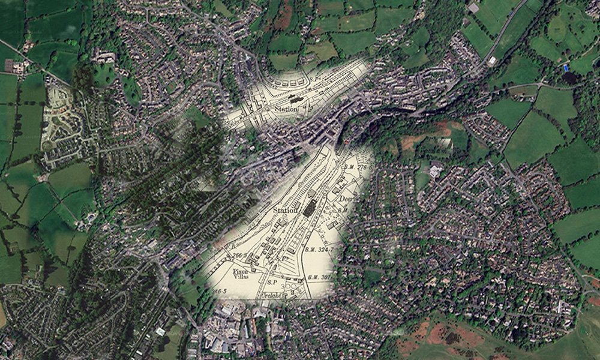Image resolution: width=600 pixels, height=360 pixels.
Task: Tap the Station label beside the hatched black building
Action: pyautogui.click(x=286, y=211)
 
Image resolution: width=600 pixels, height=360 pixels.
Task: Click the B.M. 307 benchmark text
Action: pyautogui.click(x=319, y=277)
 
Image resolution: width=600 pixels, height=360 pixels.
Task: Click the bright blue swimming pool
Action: pyautogui.click(x=565, y=68)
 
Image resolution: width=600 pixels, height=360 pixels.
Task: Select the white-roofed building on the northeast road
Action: pyautogui.click(x=492, y=61)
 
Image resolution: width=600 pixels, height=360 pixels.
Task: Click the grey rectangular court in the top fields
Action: pyautogui.click(x=473, y=8)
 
